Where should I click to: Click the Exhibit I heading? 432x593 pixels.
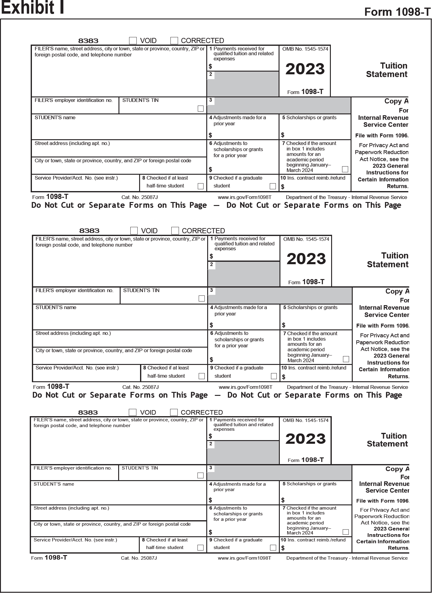coord(33,8)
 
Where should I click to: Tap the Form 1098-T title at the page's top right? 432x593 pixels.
coord(397,12)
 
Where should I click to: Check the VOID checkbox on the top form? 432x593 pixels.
coord(133,41)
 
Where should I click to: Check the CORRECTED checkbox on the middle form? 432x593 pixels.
coord(175,231)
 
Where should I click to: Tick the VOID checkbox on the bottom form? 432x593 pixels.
coord(132,412)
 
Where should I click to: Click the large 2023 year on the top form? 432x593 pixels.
coord(305,69)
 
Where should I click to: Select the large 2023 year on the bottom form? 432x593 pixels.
coord(305,439)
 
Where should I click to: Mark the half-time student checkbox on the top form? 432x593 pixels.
coord(201,186)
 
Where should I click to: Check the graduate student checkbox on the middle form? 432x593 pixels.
coord(274,376)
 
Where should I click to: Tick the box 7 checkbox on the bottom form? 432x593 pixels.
coord(345,532)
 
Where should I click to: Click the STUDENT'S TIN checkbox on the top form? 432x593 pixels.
coord(201,109)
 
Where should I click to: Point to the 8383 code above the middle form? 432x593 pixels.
coord(89,231)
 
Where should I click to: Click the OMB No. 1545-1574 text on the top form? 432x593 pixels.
coord(305,49)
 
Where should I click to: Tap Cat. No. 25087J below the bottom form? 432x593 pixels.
coord(139,558)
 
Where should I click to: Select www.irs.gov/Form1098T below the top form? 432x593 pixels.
coord(245,197)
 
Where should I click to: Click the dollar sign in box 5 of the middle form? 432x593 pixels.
coord(284,325)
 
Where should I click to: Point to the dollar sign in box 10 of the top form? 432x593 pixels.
coord(283,187)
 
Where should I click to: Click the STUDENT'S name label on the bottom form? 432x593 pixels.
coord(54,484)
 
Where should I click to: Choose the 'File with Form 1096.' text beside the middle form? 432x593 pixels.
coord(383,326)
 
